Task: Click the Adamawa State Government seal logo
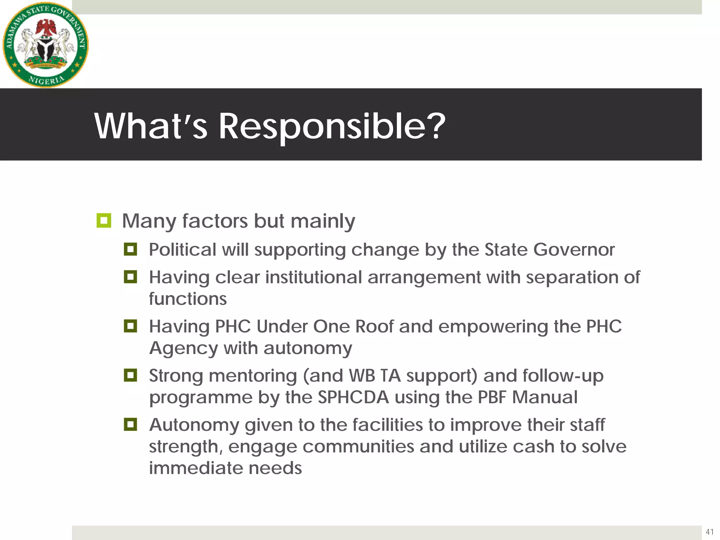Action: pos(46,45)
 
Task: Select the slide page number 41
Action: pos(709,532)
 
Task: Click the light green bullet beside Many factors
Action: pos(104,221)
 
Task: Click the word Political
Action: pos(182,250)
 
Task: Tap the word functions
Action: pos(188,299)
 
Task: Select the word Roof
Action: pos(374,327)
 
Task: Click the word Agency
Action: pos(184,349)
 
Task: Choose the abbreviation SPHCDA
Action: pos(353,398)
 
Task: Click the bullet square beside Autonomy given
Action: pos(130,424)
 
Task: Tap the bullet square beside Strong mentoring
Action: pos(130,375)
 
